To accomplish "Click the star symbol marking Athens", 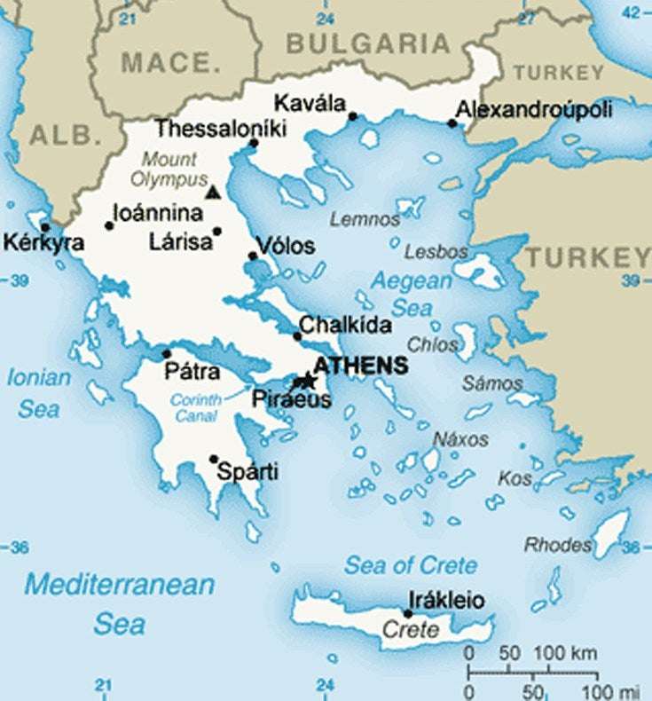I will click(307, 381).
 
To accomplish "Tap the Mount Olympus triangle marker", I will click(211, 192).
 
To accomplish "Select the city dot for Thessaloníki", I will click(254, 143).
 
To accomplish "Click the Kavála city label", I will click(310, 102).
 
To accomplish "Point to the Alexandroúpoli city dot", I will click(452, 123).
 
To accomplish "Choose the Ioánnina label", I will click(158, 214).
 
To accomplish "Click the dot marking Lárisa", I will click(217, 232).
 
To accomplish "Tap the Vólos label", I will click(285, 246).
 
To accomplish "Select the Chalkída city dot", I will click(297, 336).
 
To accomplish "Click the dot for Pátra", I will click(166, 354).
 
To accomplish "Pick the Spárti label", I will click(248, 472).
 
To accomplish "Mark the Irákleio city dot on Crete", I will click(408, 613).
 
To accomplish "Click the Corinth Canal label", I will click(196, 408).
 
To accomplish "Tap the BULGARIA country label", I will click(368, 43).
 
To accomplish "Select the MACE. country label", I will click(169, 63).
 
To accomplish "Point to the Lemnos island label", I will click(365, 219).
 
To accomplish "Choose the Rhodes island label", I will click(558, 544).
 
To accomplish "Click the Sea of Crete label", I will click(410, 565).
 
